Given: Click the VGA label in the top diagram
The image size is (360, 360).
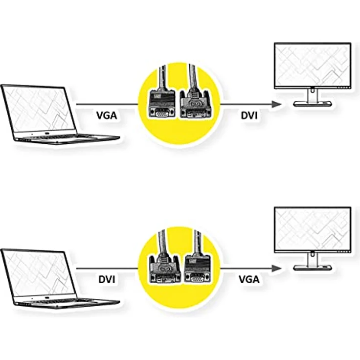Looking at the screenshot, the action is (107, 115).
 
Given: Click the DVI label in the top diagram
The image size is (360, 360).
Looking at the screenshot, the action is (249, 115).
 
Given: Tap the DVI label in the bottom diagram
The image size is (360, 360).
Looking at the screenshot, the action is (107, 279).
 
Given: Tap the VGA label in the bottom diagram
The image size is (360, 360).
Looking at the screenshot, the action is (249, 279).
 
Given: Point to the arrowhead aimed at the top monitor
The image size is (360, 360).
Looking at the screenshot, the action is (276, 104).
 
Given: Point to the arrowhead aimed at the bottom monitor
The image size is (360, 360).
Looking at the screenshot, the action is (276, 268).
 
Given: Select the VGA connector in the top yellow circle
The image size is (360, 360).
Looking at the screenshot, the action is (162, 104).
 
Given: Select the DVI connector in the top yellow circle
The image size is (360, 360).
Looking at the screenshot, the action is (195, 104).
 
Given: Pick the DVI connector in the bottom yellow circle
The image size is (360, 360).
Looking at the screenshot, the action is (164, 268).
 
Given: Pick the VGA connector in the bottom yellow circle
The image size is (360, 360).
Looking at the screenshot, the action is (198, 268).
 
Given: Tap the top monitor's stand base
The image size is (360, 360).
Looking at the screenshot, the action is (313, 104).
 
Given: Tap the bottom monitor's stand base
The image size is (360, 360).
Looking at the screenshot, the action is (313, 268).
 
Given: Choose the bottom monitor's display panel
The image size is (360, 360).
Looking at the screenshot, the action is (313, 229).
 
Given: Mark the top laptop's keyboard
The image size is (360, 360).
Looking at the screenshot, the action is (57, 137).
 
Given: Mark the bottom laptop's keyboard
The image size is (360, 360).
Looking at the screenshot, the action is (57, 302).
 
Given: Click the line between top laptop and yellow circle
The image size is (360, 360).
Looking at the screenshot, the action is (107, 105).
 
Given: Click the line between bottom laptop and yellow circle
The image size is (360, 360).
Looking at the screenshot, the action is (107, 269).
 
